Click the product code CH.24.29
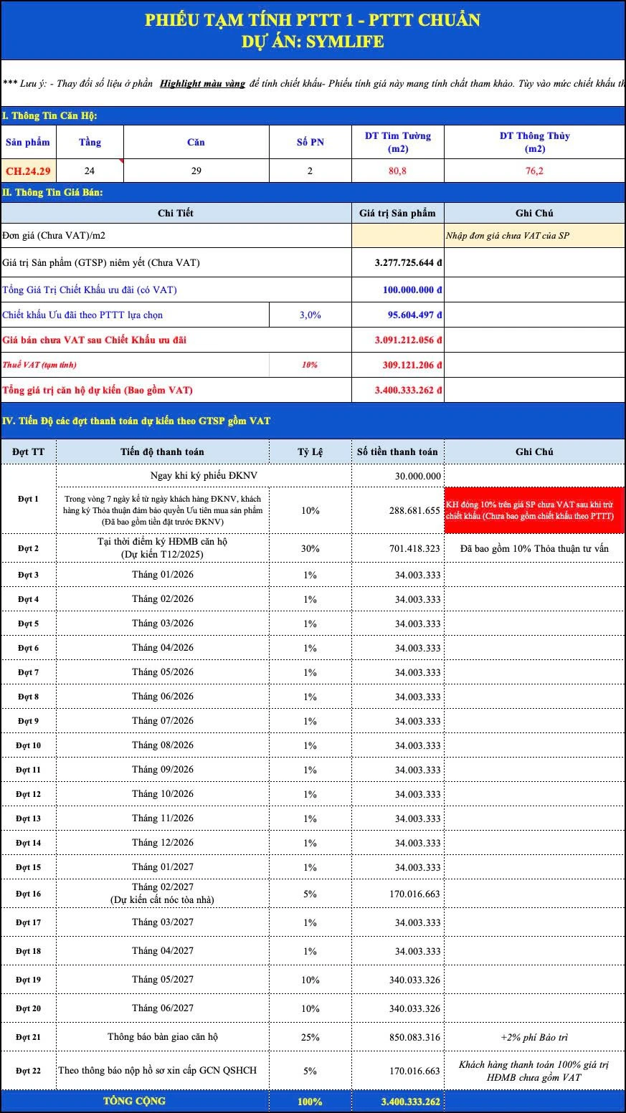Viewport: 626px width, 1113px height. pyautogui.click(x=28, y=171)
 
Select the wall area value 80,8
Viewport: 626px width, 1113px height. pyautogui.click(x=397, y=171)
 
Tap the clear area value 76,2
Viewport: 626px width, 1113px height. pyautogui.click(x=534, y=171)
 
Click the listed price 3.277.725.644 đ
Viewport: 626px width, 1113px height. pyautogui.click(x=408, y=263)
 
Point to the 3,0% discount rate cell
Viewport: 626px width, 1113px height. pyautogui.click(x=310, y=315)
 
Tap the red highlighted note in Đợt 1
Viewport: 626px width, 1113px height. pyautogui.click(x=534, y=510)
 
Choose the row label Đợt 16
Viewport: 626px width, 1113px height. pyautogui.click(x=28, y=894)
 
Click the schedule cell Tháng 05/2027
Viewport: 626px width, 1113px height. pyautogui.click(x=163, y=979)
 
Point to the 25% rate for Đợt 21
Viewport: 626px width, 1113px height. pyautogui.click(x=310, y=1037)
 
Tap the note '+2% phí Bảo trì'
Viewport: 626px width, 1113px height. pyautogui.click(x=534, y=1037)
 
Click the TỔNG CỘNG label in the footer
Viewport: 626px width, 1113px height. pyautogui.click(x=134, y=1101)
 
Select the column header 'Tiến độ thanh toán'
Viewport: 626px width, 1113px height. pyautogui.click(x=162, y=452)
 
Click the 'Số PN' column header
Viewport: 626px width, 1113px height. pyautogui.click(x=310, y=142)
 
